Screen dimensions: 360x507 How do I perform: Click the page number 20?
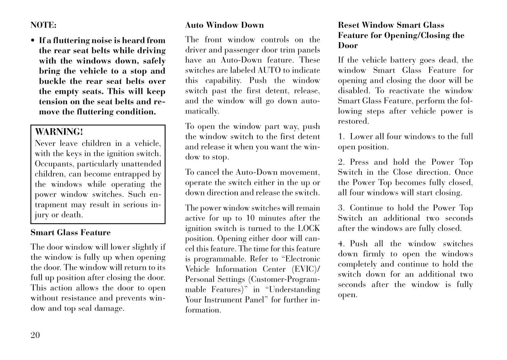(35, 335)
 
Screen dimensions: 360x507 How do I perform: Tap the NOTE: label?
(43, 25)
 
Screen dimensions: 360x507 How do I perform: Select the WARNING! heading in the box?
(59, 132)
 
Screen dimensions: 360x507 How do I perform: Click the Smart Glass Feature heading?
(70, 233)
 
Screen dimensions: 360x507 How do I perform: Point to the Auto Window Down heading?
(224, 25)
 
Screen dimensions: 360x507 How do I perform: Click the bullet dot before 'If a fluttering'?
(33, 41)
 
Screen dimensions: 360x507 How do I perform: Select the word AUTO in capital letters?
(269, 70)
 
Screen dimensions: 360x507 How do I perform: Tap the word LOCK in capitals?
(309, 228)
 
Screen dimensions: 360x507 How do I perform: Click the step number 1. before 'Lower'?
(342, 136)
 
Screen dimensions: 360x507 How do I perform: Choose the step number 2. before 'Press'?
(342, 162)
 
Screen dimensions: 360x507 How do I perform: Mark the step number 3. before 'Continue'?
(342, 208)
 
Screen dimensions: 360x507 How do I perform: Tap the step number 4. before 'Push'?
(342, 244)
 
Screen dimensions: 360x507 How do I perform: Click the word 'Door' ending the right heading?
(348, 46)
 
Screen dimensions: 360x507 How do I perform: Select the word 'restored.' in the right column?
(353, 121)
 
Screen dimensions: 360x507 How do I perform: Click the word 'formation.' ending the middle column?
(203, 310)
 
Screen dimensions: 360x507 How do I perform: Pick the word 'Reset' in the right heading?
(348, 25)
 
